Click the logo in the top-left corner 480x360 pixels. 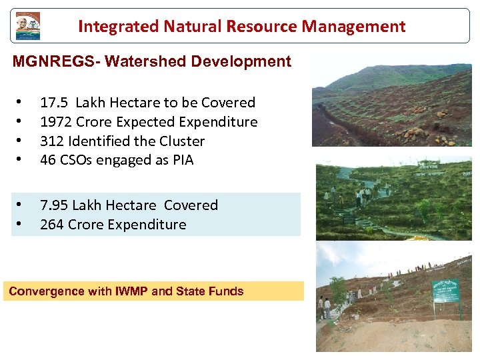[x=28, y=26]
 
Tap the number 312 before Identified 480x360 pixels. [x=51, y=141]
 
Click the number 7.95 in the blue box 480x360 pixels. [x=54, y=205]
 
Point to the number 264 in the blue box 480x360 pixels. [x=51, y=225]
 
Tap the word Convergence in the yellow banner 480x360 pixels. [x=47, y=291]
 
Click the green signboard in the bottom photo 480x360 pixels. [x=445, y=291]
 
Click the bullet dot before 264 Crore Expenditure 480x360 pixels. [x=20, y=225]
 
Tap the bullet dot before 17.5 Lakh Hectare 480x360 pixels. [x=20, y=103]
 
